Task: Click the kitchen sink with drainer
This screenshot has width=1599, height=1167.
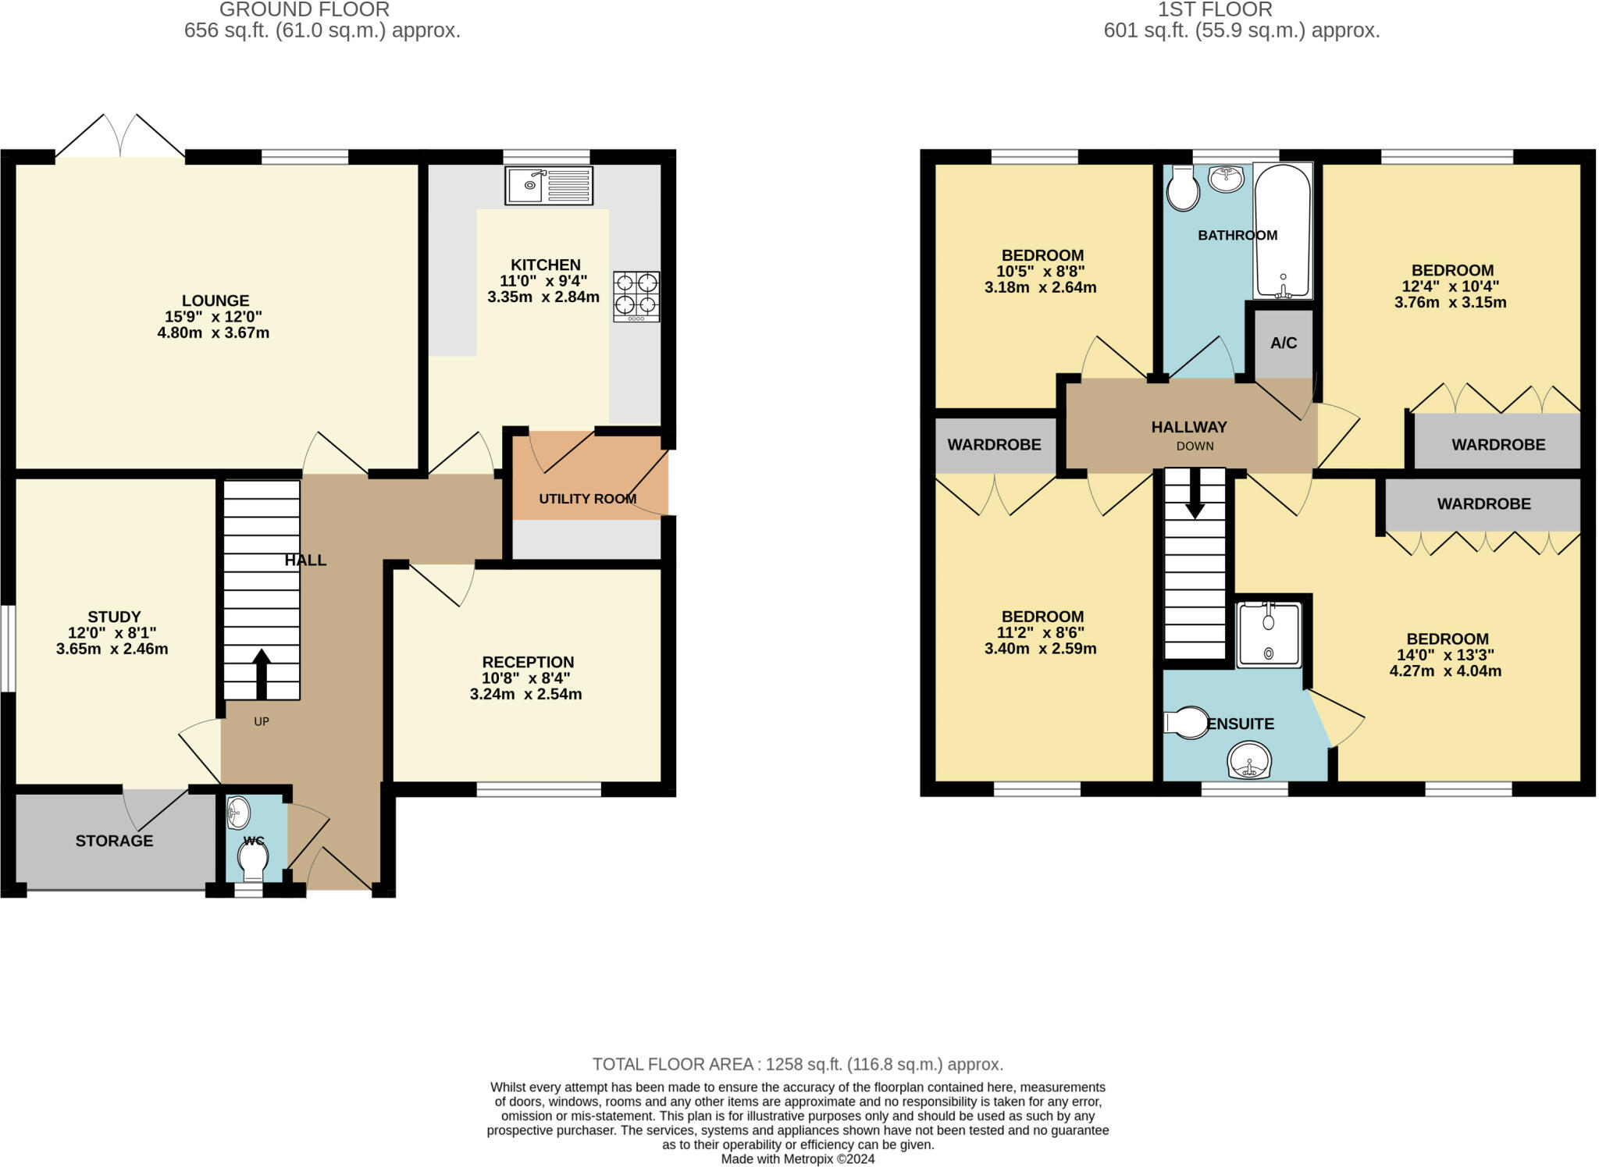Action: (548, 186)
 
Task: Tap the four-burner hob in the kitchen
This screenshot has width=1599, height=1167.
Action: (636, 297)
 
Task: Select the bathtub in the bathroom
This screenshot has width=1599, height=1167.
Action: (1283, 231)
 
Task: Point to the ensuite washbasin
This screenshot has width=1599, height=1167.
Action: (1249, 760)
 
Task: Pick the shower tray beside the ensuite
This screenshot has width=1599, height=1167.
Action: (1269, 635)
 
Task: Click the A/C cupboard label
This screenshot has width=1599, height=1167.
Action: (1284, 343)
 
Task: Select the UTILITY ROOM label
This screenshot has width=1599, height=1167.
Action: (587, 499)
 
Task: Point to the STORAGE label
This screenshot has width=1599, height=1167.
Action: (114, 841)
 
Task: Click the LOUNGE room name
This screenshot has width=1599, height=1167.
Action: (215, 301)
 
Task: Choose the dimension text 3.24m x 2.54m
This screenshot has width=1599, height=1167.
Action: (525, 694)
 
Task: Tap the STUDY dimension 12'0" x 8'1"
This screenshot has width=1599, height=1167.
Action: (112, 632)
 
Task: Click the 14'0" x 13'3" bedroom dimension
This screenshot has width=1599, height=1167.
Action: (1447, 655)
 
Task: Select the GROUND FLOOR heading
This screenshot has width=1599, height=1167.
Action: (304, 9)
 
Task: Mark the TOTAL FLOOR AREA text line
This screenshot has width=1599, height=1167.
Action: (798, 1064)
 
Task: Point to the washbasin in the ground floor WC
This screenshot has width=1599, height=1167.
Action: (237, 813)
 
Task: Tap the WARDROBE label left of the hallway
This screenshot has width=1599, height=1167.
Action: (994, 445)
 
